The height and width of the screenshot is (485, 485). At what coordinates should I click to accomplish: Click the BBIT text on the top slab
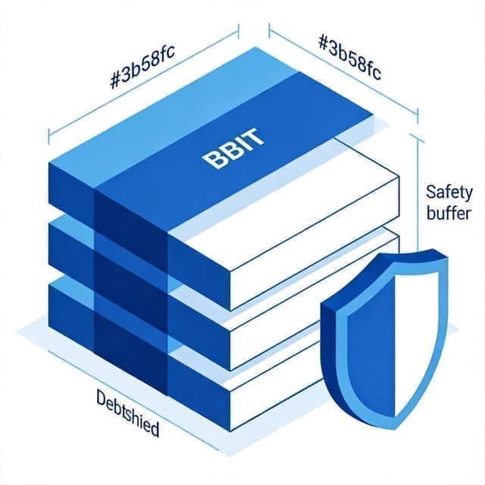pos(233,149)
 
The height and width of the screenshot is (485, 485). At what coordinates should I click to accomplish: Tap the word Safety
pos(449,192)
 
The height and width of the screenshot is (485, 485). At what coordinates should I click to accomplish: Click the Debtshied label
pos(128,413)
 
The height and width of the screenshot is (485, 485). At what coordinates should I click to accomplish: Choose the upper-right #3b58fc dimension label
pos(349,58)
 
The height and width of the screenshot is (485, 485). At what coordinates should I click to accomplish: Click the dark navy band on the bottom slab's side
pos(130,352)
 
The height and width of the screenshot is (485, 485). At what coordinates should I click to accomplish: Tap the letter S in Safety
pos(431,192)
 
